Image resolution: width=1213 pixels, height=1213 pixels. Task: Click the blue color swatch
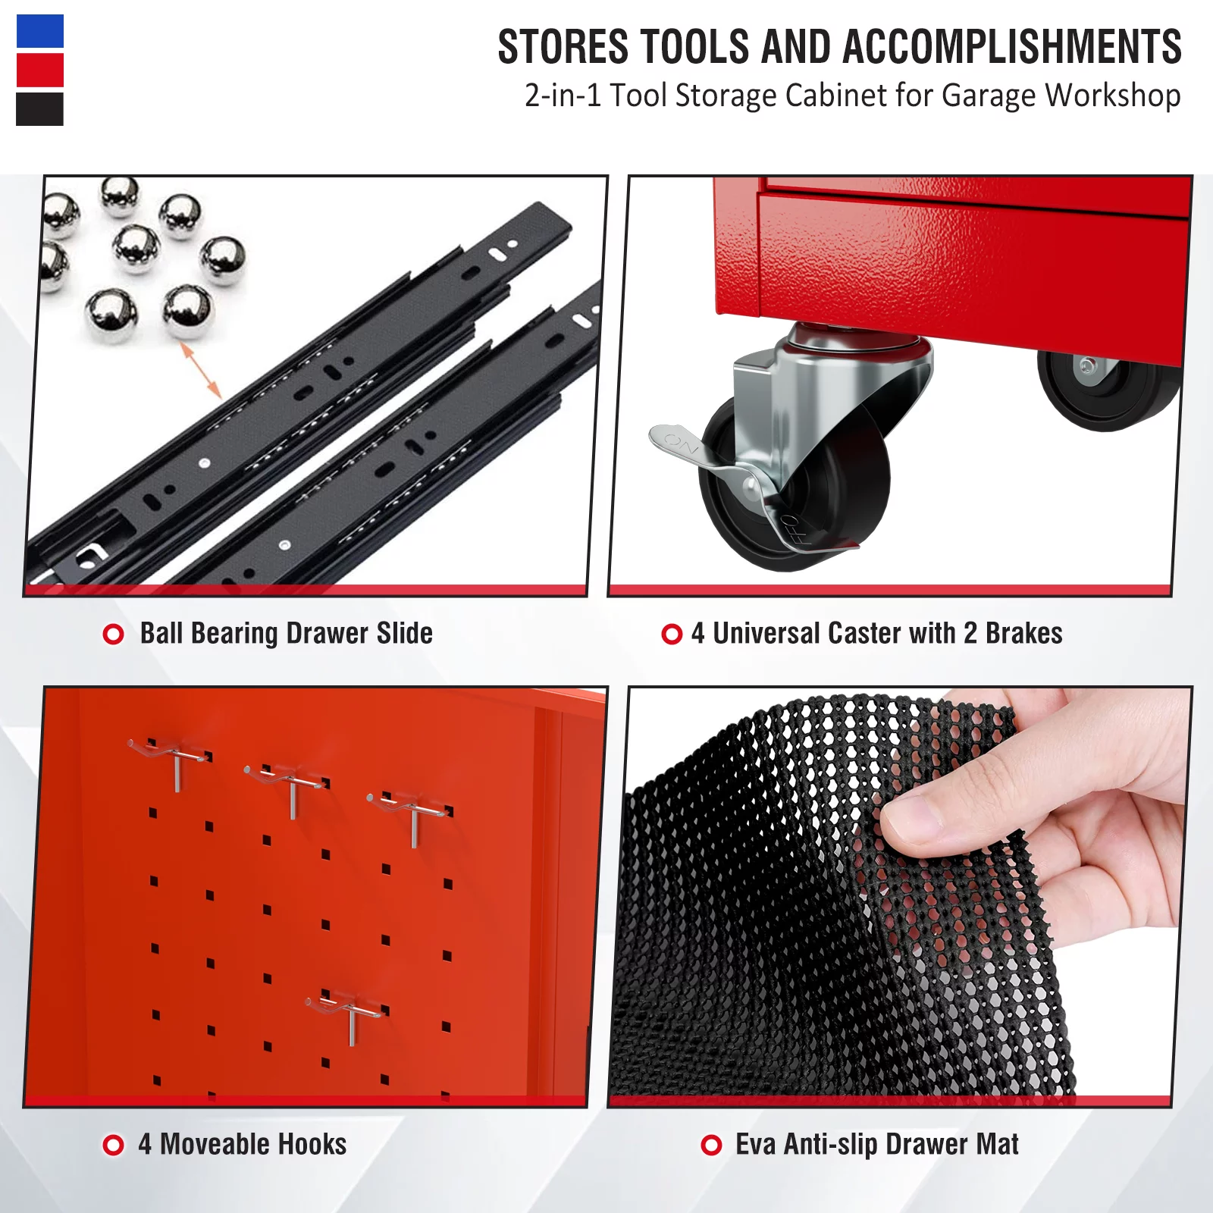point(40,31)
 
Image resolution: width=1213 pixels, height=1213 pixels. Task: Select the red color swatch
point(40,70)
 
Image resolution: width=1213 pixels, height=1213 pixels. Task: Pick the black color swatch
point(40,109)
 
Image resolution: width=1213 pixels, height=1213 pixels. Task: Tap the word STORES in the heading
point(563,47)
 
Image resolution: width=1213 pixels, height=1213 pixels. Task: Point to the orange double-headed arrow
point(201,370)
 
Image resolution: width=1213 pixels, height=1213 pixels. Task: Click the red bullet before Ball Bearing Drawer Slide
point(113,634)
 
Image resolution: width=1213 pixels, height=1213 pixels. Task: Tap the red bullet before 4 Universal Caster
point(672,634)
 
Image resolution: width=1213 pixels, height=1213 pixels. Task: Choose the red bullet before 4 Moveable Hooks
point(113,1145)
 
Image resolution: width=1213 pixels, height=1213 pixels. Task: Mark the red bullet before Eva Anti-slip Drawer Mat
point(711,1145)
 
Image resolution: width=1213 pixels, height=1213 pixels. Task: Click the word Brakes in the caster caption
point(1023,633)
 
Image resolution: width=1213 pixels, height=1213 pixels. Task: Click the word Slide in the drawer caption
point(405,633)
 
